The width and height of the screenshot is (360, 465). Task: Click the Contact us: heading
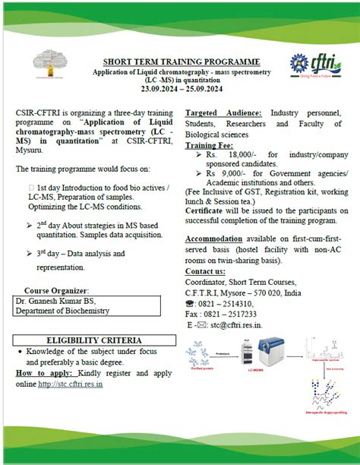click(205, 271)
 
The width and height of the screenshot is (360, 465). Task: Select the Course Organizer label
click(55, 290)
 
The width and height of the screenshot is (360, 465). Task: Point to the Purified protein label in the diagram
click(201, 369)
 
